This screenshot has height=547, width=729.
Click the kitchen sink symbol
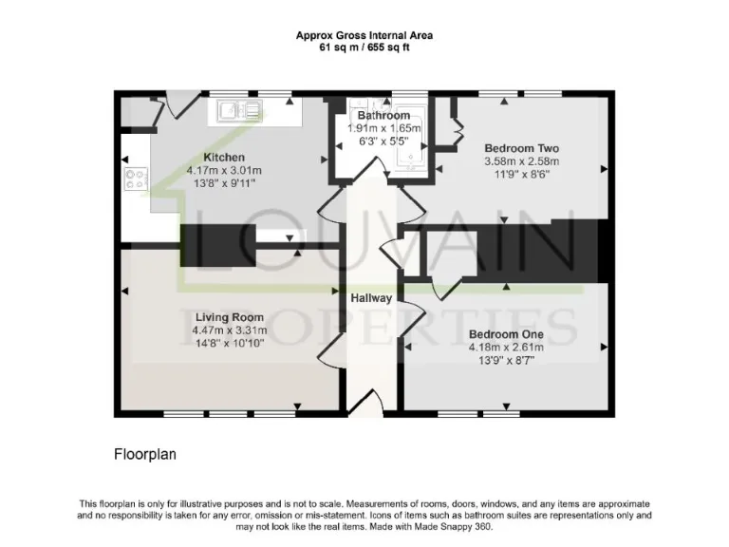[233, 112]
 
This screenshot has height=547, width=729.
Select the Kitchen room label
[225, 158]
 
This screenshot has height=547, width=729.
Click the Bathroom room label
[377, 116]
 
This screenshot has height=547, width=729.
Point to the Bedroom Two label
[521, 148]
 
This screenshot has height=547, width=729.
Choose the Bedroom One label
[506, 334]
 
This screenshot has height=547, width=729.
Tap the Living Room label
[229, 317]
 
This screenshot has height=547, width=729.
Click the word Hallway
[371, 298]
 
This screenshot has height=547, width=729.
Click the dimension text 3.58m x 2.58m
[521, 161]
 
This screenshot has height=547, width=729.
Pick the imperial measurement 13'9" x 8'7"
[506, 360]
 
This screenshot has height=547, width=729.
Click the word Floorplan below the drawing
[145, 455]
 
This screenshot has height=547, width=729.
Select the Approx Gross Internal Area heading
[364, 35]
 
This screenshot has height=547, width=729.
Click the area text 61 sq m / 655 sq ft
[364, 47]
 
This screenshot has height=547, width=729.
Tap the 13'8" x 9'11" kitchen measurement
[225, 183]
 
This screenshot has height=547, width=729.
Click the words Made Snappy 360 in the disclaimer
[457, 526]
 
